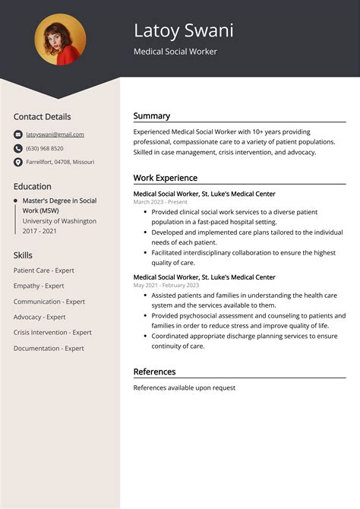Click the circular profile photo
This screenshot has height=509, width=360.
[x=60, y=40]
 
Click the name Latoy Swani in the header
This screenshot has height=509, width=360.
[x=183, y=30]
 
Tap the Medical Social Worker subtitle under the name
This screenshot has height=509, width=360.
[x=175, y=52]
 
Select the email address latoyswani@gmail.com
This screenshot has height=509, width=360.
[x=55, y=134]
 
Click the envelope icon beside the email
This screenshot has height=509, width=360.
[x=18, y=134]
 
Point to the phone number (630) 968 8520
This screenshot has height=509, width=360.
[x=45, y=148]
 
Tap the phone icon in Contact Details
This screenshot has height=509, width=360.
[x=18, y=148]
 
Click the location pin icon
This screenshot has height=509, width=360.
[x=18, y=162]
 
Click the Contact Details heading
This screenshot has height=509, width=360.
[x=42, y=117]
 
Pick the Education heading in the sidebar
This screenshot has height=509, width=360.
[x=33, y=186]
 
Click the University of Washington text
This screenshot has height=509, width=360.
[x=59, y=221]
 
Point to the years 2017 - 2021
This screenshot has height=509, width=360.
[x=40, y=231]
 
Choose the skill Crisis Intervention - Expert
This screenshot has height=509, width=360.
[x=52, y=333]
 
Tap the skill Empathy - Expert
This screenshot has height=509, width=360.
[x=39, y=286]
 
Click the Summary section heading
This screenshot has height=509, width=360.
[x=152, y=116]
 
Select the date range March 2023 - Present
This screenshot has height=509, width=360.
[x=160, y=202]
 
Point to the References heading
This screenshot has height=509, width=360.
[x=154, y=371]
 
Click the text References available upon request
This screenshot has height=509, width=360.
[x=184, y=388]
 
